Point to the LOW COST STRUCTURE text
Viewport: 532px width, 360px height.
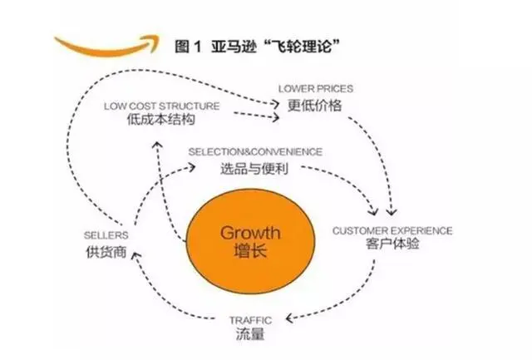tap(162, 106)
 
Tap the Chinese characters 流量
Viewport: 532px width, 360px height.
tap(250, 335)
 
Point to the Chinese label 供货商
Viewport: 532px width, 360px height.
tap(105, 251)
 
